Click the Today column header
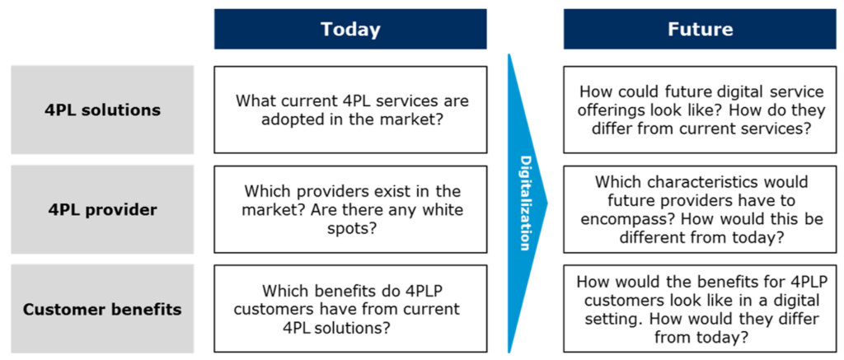coord(350,29)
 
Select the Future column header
coord(701,29)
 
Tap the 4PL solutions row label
coord(102,110)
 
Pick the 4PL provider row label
coord(102,209)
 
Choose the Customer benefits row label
coord(102,310)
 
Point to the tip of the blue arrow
coord(547,203)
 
